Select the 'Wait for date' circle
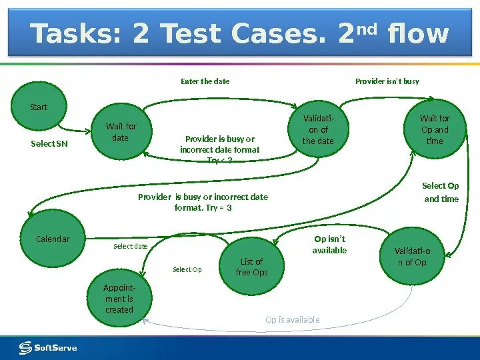click(121, 132)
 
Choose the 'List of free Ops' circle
click(251, 267)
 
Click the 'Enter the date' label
click(205, 81)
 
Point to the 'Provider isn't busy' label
click(387, 81)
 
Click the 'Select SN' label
click(49, 143)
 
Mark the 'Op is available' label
click(293, 319)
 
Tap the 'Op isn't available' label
click(329, 245)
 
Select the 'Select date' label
click(130, 246)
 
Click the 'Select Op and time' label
click(441, 192)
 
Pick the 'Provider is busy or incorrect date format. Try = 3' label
click(203, 202)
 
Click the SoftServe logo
click(48, 347)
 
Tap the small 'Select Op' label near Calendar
click(187, 269)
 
